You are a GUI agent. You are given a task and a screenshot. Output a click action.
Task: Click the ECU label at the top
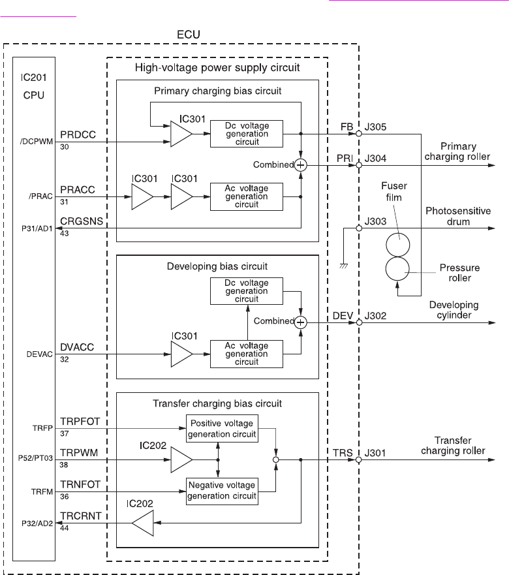point(188,33)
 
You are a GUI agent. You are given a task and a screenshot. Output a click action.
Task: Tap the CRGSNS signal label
point(82,220)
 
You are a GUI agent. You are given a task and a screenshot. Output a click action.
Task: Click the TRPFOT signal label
point(81,422)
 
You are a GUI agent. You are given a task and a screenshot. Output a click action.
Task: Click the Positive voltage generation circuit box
point(222,428)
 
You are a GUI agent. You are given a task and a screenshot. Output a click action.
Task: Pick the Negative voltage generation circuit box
point(222,490)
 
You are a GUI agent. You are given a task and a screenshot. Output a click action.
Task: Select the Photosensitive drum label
point(458,216)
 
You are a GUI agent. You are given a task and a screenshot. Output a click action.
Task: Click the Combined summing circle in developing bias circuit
point(300,321)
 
